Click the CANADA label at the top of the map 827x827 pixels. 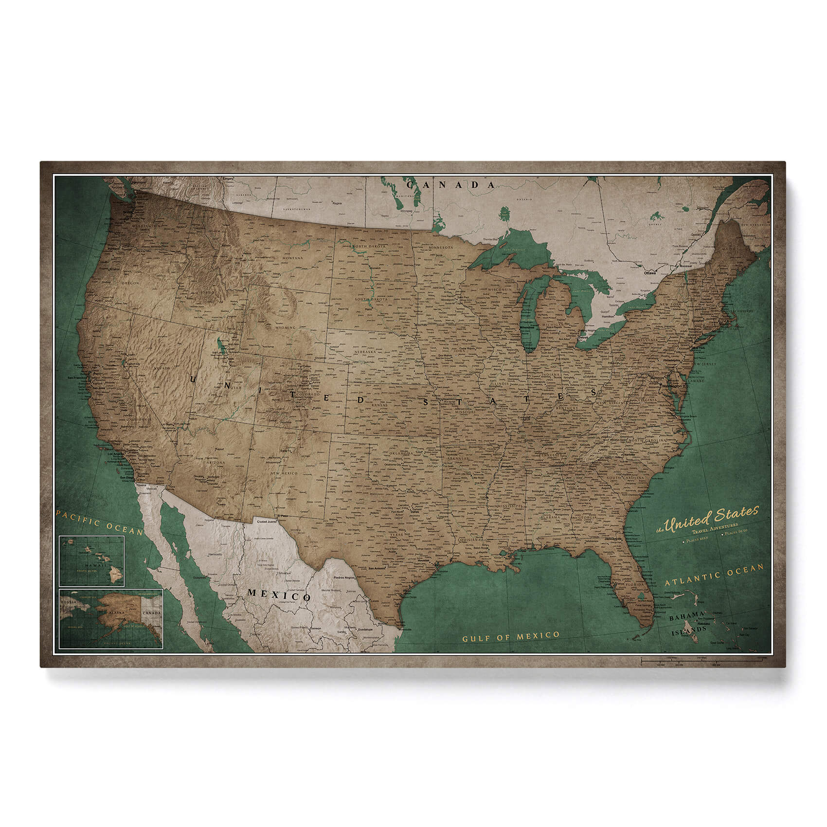(450, 185)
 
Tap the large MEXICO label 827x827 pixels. (279, 594)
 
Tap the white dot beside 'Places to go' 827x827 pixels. (722, 534)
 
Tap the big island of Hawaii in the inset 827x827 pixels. (115, 575)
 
